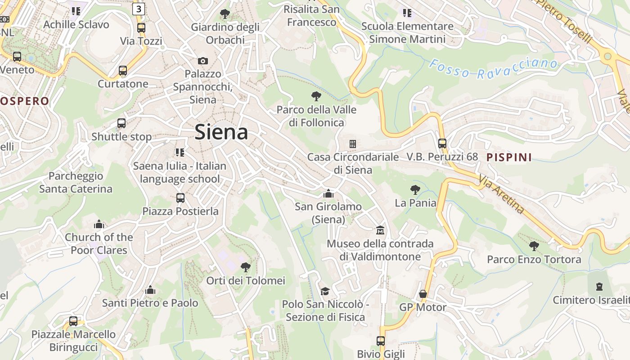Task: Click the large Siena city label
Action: click(221, 132)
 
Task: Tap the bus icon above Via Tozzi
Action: click(141, 27)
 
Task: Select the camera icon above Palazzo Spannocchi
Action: click(203, 61)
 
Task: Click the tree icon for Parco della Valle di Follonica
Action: click(316, 96)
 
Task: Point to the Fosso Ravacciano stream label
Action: click(493, 69)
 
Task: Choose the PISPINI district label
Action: click(509, 157)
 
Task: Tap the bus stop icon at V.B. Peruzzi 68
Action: click(442, 144)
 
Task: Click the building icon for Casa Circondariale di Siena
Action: click(353, 144)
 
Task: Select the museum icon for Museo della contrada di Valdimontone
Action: click(380, 230)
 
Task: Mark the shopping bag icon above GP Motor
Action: click(423, 294)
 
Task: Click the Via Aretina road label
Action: click(501, 194)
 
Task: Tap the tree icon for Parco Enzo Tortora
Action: click(534, 246)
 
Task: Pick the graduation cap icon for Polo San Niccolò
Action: click(325, 291)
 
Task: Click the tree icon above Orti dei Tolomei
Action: click(246, 267)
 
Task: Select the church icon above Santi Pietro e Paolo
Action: click(150, 290)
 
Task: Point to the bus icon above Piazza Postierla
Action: click(180, 198)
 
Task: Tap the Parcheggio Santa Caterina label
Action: click(76, 182)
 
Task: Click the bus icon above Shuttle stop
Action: click(121, 123)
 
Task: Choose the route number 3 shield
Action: click(139, 9)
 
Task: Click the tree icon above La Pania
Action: click(415, 190)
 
